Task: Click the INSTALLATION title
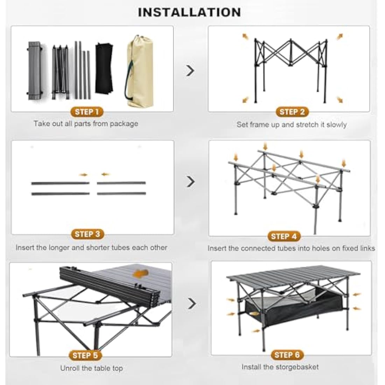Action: pyautogui.click(x=189, y=12)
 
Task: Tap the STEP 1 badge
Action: pyautogui.click(x=87, y=112)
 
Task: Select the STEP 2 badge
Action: pyautogui.click(x=292, y=112)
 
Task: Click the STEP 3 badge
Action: pyautogui.click(x=87, y=234)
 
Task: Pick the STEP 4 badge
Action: pyautogui.click(x=284, y=236)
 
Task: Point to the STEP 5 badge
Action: pyautogui.click(x=85, y=356)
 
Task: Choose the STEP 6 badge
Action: pyautogui.click(x=287, y=355)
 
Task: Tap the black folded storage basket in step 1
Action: pyautogui.click(x=104, y=68)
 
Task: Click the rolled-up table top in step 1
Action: pyautogui.click(x=34, y=70)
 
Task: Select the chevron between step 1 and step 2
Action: pyautogui.click(x=190, y=71)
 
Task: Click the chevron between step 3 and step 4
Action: pyautogui.click(x=190, y=182)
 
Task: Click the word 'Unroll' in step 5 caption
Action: pyautogui.click(x=70, y=368)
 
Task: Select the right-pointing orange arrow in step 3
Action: pyautogui.click(x=83, y=174)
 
